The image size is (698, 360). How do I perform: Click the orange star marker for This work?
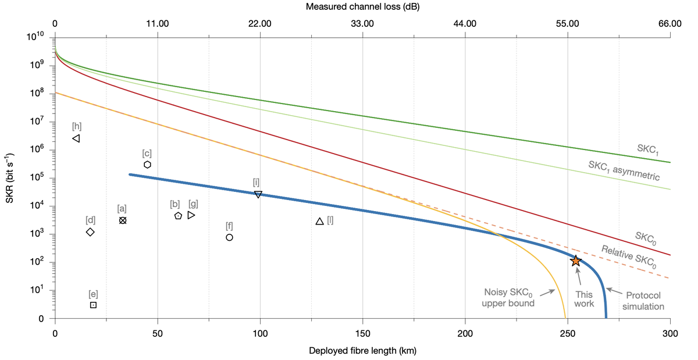[575, 261]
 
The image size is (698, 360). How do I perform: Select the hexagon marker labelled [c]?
[148, 165]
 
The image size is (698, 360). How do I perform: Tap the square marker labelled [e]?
[93, 305]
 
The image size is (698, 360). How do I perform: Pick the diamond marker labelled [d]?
[90, 232]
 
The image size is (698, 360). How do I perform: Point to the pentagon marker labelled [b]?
[178, 216]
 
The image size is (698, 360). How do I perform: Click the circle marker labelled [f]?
[230, 237]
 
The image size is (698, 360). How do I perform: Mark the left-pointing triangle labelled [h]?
[76, 138]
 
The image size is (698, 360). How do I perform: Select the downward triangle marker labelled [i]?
[258, 194]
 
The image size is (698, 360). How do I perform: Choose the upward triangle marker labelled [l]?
[319, 222]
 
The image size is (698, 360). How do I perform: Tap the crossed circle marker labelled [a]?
[123, 220]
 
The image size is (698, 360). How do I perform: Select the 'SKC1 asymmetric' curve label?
[624, 170]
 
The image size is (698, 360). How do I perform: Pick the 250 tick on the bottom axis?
[568, 334]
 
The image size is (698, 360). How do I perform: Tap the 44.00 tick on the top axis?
[465, 24]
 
